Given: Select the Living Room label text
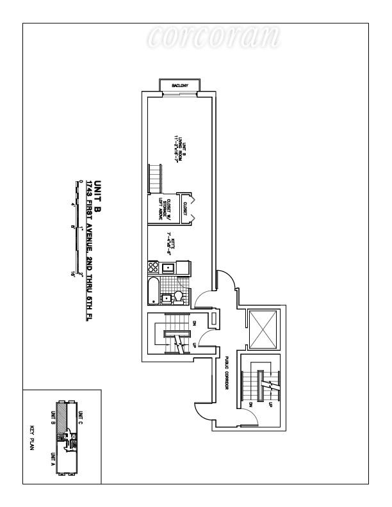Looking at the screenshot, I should click(178, 148).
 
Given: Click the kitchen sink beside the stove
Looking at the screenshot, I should click(168, 267).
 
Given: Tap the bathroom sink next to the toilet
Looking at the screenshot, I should click(166, 296).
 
